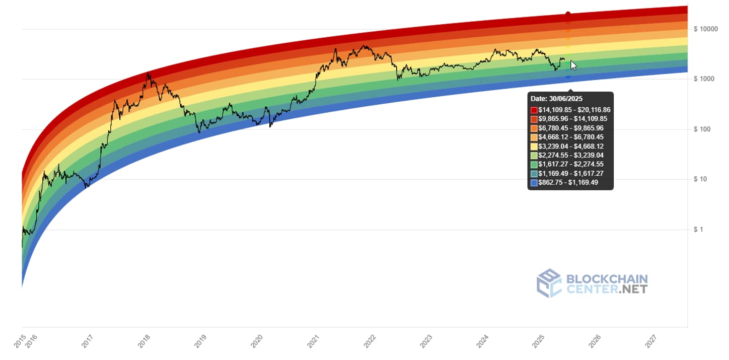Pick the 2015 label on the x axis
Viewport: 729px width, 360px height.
(x=20, y=341)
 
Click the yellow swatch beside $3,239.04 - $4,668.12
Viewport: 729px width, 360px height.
(x=534, y=146)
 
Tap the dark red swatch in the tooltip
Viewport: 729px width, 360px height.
(x=534, y=110)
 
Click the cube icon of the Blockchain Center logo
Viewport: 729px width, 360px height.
(x=548, y=282)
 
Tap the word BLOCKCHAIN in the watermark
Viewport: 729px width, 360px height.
(x=607, y=279)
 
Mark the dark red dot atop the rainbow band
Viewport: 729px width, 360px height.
(x=568, y=14)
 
